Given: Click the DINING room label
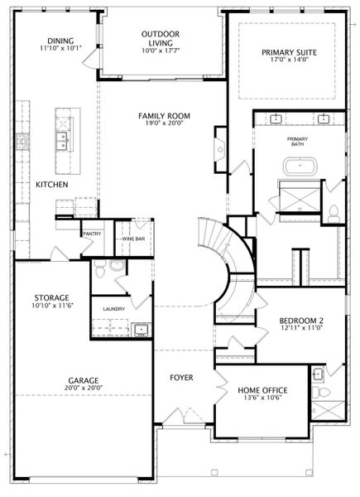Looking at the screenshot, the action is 60,41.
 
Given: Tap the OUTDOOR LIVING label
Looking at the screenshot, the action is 161,38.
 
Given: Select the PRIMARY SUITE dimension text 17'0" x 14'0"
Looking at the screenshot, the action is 289,60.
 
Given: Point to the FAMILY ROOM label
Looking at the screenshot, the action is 165,116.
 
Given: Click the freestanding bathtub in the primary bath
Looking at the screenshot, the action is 300,166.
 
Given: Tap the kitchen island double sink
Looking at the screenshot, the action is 62,141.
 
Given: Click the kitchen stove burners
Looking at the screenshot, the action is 23,141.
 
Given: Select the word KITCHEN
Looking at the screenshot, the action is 51,185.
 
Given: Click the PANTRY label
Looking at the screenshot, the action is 92,234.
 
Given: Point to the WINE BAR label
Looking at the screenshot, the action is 133,239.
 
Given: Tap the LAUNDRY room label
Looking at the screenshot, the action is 114,309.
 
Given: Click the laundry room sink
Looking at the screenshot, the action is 142,330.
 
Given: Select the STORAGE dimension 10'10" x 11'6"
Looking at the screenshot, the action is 53,306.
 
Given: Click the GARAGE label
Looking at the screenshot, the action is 84,380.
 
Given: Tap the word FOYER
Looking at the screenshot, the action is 181,378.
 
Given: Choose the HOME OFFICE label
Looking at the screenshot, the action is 263,390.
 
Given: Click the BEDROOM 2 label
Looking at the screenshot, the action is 301,321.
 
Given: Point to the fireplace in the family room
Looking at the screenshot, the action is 220,150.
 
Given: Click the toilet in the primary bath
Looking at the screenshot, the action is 334,214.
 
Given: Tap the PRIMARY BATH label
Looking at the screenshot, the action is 297,142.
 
